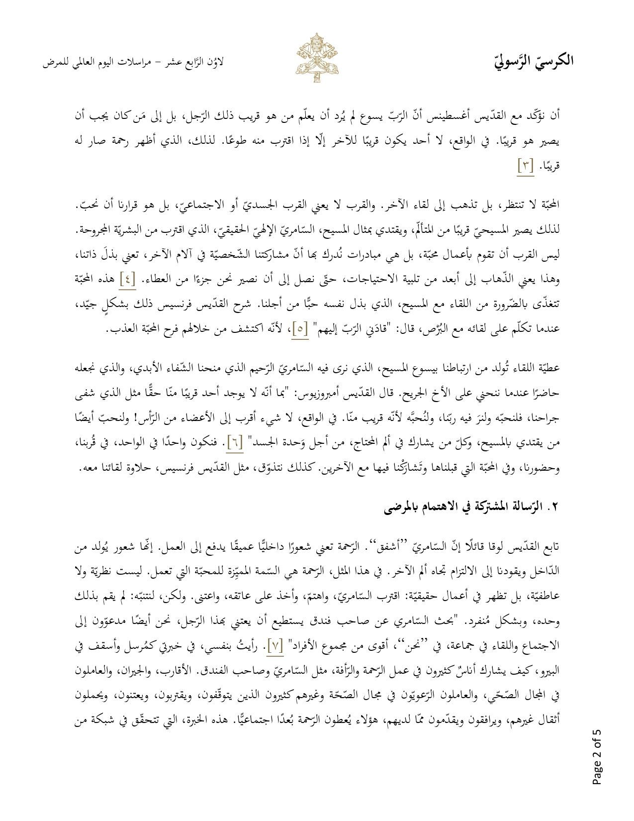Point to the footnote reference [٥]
pos(300,329)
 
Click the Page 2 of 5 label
pos(597,757)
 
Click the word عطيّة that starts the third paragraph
pos(549,368)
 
